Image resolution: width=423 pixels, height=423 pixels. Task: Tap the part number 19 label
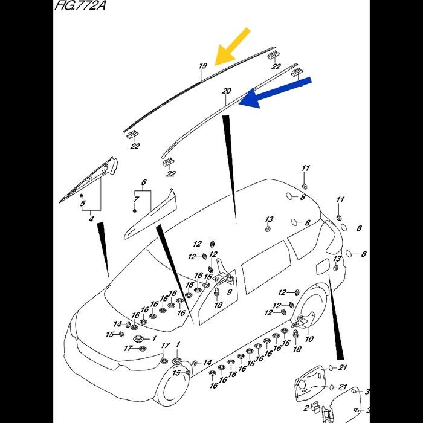click(203, 66)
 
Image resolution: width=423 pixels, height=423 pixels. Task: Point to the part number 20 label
click(227, 92)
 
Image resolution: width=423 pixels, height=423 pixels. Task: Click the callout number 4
click(91, 219)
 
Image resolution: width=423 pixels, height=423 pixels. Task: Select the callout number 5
click(83, 204)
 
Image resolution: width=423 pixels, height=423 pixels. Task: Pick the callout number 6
click(144, 182)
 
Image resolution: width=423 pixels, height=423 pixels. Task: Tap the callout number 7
click(137, 199)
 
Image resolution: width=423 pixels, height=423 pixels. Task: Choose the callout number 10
click(309, 339)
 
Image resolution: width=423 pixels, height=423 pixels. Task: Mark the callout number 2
click(307, 409)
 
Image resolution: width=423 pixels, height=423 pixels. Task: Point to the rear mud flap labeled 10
click(309, 320)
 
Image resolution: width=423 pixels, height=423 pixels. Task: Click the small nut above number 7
click(134, 210)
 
